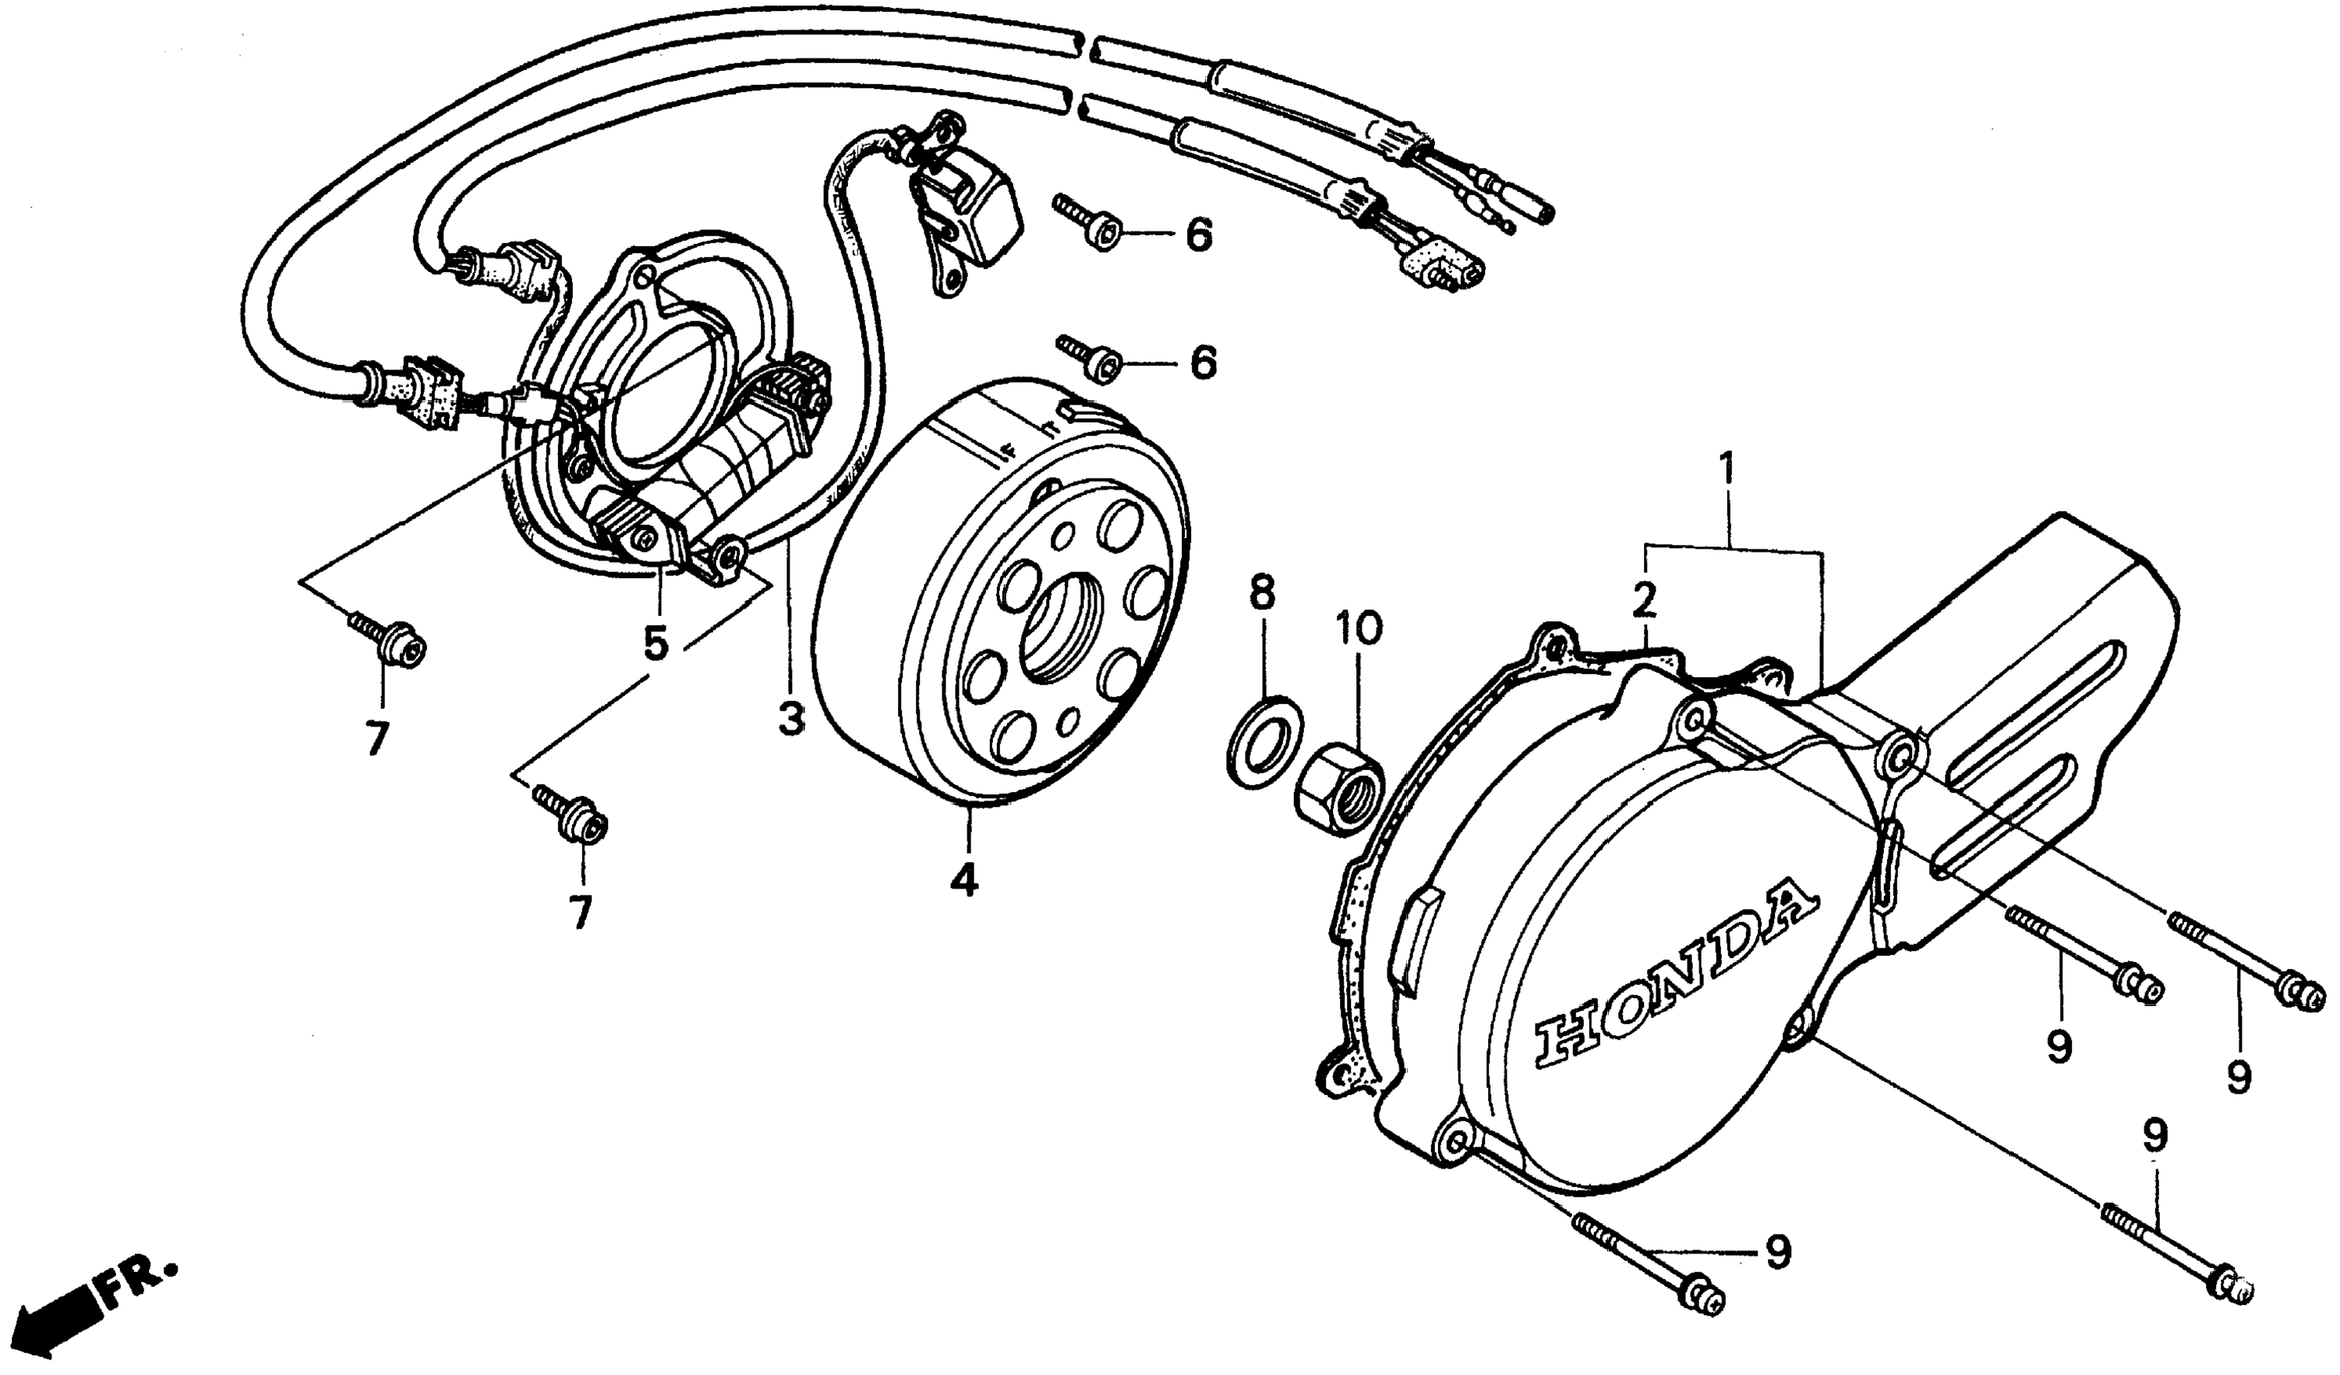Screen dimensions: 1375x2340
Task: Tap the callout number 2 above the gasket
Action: (1645, 601)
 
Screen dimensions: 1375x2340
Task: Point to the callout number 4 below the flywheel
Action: (965, 878)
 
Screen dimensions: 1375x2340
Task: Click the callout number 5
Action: (656, 643)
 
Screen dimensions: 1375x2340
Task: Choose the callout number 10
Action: (1359, 627)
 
